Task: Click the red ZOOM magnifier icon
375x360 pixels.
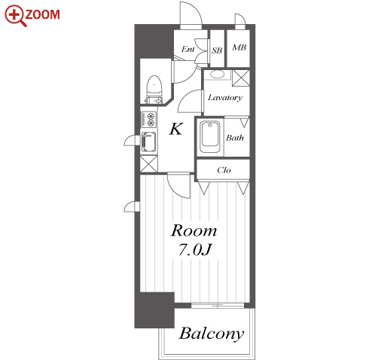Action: (14, 16)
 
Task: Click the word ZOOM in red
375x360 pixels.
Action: (43, 14)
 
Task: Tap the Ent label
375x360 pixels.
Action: (188, 49)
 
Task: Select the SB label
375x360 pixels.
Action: (217, 50)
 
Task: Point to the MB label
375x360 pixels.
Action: (239, 47)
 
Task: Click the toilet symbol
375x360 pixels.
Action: (154, 89)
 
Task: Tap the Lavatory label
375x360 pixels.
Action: (225, 97)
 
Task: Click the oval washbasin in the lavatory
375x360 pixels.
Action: (217, 75)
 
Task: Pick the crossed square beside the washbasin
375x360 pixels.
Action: (241, 78)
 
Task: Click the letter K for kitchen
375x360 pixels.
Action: (176, 129)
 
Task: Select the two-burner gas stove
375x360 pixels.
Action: (149, 120)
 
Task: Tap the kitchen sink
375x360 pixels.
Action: (148, 142)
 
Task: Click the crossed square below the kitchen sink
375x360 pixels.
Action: (148, 164)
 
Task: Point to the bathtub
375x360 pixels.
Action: (210, 137)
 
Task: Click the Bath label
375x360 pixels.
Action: (235, 138)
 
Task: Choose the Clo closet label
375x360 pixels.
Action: (224, 170)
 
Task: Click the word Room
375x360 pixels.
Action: (194, 230)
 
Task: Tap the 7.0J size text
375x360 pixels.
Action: (195, 250)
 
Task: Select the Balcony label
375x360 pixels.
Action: (212, 334)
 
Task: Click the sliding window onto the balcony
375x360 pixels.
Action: (218, 306)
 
